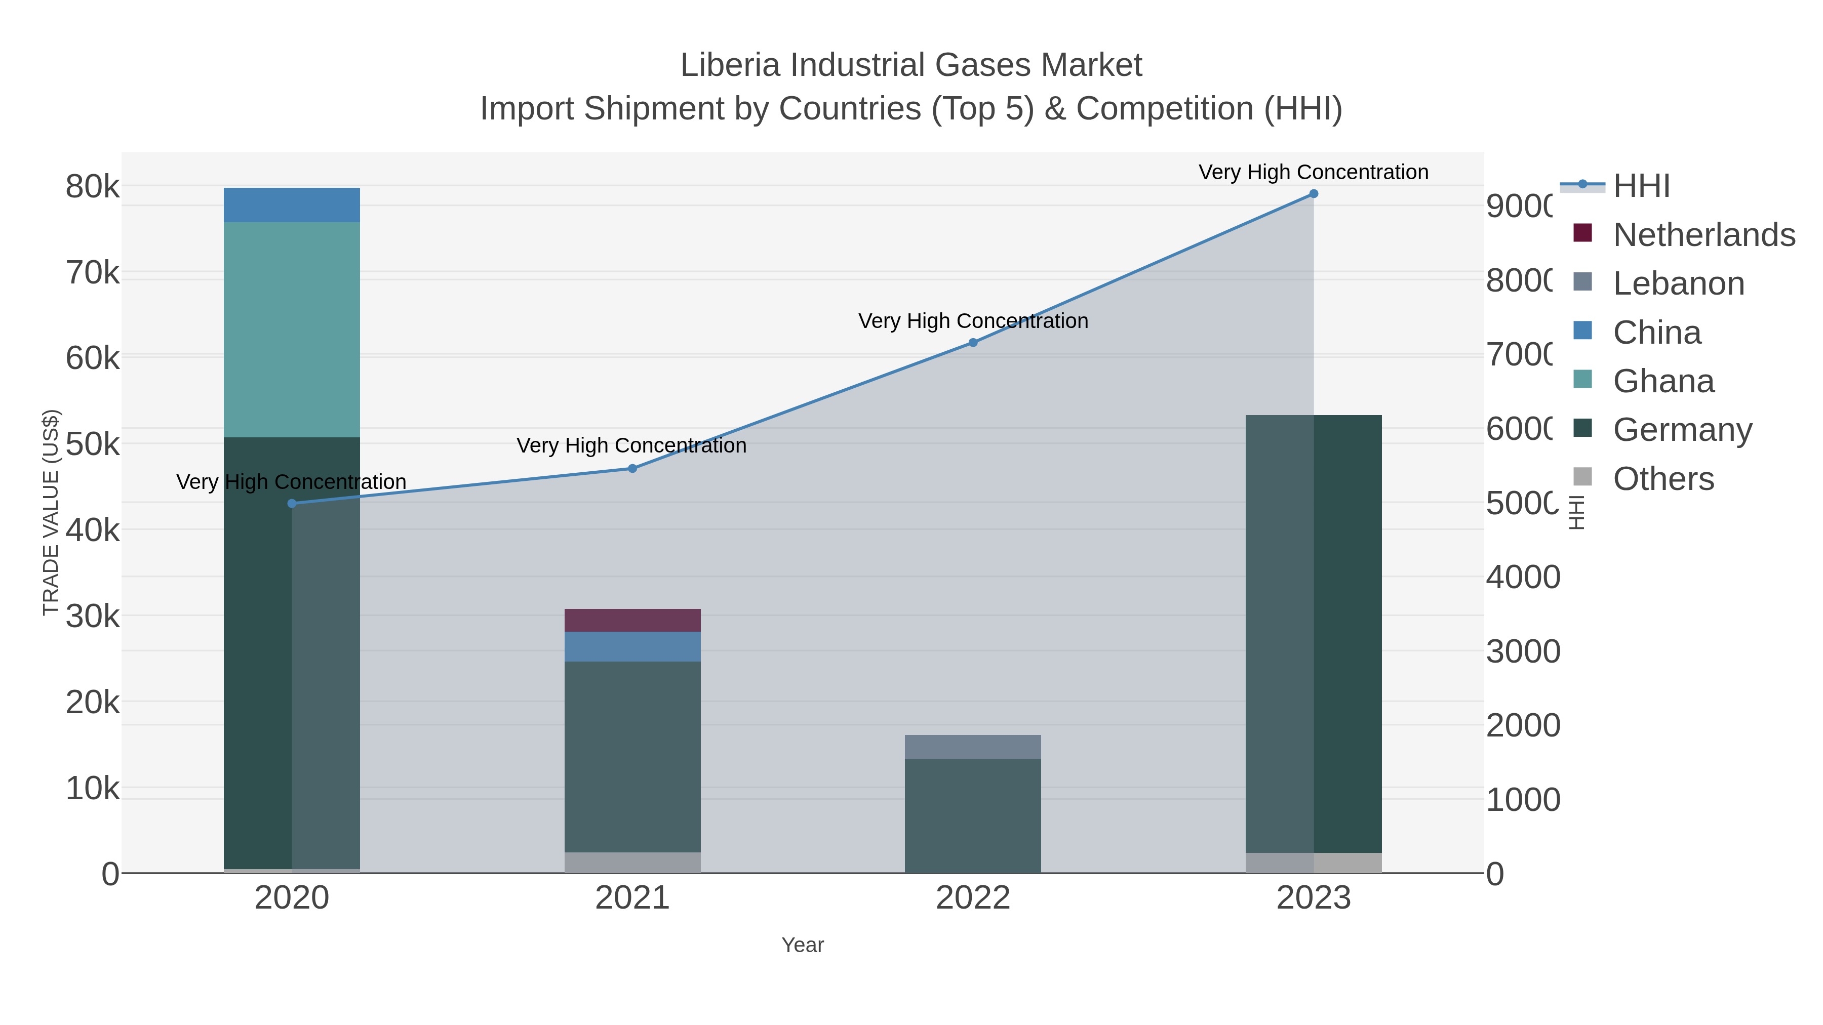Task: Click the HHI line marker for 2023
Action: tap(1314, 194)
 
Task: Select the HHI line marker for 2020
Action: tap(292, 504)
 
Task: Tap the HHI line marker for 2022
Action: tap(973, 342)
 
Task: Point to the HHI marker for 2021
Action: tap(632, 468)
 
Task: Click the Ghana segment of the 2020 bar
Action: tap(292, 330)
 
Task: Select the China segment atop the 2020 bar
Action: tap(292, 205)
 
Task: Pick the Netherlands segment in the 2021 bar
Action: tap(632, 621)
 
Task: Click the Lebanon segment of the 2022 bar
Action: tap(973, 747)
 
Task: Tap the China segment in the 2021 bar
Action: tap(632, 646)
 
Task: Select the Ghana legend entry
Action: tap(1663, 381)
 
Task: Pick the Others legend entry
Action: tap(1663, 479)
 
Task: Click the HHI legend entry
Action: tap(1641, 186)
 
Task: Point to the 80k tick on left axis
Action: tap(93, 187)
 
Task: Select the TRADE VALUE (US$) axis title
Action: tap(51, 512)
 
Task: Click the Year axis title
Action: tap(803, 945)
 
